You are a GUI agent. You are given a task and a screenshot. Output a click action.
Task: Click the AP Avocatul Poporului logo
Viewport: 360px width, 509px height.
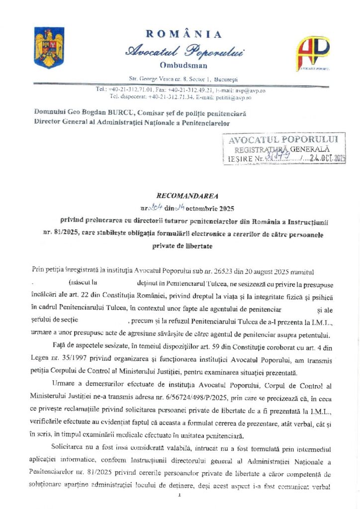coord(313,52)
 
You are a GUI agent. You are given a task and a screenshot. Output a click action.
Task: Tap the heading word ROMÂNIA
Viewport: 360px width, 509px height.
coord(184,34)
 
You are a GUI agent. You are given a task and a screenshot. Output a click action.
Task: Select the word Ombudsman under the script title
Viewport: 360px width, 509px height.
coord(183,65)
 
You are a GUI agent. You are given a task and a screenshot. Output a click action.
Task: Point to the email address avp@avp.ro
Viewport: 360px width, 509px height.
coord(252,90)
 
